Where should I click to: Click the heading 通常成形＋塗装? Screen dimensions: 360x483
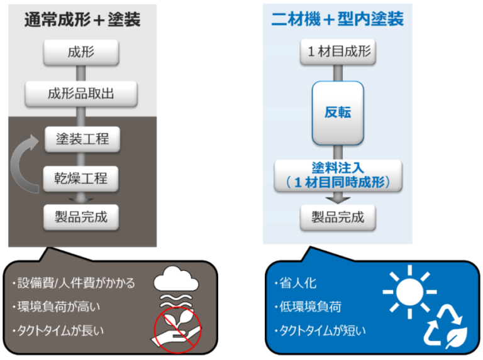coord(82,19)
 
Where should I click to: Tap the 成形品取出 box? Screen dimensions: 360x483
coord(80,95)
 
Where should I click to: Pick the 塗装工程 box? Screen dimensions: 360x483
coord(82,138)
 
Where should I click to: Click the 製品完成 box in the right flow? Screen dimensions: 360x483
coord(338,217)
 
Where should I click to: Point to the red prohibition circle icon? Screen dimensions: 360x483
coord(178,330)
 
